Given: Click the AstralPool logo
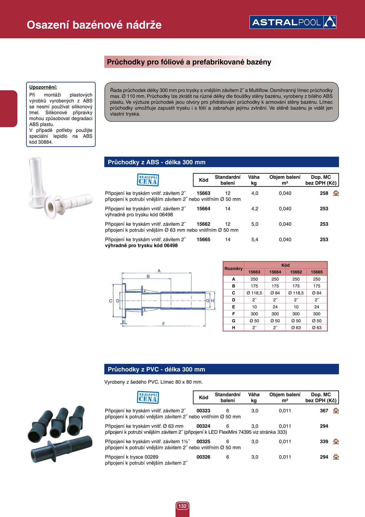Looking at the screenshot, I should click(x=293, y=22).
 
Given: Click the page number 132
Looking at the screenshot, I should click(x=182, y=506).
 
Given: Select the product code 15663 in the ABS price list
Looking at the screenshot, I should click(x=203, y=193).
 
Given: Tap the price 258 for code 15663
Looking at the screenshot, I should click(x=324, y=193).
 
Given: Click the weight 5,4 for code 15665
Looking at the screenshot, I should click(x=255, y=240).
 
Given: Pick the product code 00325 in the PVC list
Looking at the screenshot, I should click(x=203, y=442).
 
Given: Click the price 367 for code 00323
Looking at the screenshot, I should click(x=324, y=411).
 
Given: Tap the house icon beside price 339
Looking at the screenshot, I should click(x=336, y=442).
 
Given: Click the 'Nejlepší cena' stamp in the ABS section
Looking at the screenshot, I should click(x=148, y=180).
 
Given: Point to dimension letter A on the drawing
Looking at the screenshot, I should click(x=159, y=271).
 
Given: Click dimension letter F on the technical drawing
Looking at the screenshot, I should click(x=164, y=324).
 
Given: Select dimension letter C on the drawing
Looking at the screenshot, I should click(x=111, y=301).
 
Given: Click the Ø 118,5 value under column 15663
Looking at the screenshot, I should click(x=254, y=293).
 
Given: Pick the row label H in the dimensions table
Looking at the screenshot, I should click(x=233, y=327).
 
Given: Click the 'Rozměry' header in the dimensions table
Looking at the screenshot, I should click(x=233, y=269).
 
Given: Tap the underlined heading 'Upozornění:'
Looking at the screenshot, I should click(x=43, y=87).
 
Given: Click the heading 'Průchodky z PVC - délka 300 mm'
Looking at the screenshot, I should click(x=156, y=369).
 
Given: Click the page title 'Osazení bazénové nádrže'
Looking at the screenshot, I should click(x=94, y=25).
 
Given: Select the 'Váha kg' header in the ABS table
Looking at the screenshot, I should click(x=254, y=180).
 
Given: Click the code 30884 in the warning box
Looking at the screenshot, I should click(x=45, y=142).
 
